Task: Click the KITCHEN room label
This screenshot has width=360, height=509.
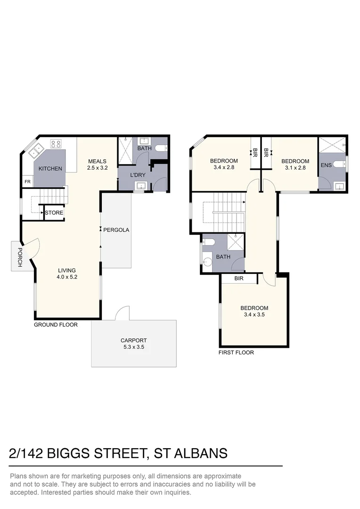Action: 50,169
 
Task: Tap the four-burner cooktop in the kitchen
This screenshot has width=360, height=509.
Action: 56,144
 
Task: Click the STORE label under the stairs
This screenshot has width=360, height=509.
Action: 54,213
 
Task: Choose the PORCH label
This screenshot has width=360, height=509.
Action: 19,257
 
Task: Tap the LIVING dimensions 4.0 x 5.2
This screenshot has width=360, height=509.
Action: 67,277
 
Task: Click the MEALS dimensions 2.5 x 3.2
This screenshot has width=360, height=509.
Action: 97,168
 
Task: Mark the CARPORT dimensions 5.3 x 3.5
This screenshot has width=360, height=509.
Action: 133,347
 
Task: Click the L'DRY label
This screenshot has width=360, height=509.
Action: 138,175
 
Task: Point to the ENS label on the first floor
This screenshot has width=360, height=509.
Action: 326,165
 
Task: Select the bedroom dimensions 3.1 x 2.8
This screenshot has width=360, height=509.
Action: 295,168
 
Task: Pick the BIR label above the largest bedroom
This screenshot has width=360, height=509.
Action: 238,279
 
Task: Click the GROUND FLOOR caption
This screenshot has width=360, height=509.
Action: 56,325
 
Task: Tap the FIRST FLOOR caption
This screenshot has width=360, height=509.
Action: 236,353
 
